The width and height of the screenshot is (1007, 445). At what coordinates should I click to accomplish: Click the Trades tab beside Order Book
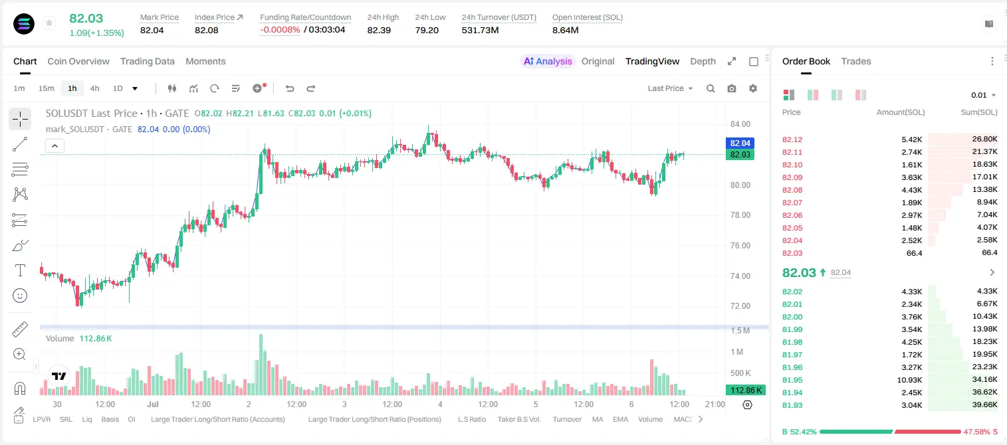tap(855, 61)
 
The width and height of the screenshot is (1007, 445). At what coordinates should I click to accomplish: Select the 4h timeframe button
tap(94, 88)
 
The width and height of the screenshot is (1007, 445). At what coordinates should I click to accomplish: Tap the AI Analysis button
tap(548, 61)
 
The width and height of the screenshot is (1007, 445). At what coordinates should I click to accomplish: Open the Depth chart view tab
tap(703, 61)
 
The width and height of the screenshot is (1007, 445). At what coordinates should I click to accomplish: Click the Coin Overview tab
tap(78, 61)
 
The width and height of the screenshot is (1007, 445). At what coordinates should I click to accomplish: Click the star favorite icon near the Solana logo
tap(49, 23)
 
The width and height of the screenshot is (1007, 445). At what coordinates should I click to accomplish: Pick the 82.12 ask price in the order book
tap(792, 139)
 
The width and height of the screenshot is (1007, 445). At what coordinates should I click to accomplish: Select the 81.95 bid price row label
tap(792, 380)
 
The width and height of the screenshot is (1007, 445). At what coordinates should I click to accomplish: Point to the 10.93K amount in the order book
tap(909, 380)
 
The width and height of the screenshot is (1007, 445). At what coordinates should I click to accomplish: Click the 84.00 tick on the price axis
tap(740, 124)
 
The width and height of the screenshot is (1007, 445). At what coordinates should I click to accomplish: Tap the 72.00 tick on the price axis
tap(740, 306)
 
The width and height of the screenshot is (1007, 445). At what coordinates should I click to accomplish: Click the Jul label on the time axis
tap(153, 404)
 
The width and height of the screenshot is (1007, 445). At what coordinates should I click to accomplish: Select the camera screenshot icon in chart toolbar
tap(732, 88)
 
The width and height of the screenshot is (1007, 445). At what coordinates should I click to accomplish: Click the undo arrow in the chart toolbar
tap(290, 88)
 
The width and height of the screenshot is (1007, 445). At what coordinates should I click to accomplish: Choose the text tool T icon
tap(20, 270)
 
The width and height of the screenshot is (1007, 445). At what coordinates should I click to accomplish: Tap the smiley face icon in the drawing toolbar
tap(20, 296)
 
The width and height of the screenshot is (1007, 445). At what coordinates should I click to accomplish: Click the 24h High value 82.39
tap(379, 30)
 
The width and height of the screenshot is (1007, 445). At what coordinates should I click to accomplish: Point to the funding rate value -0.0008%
tap(280, 30)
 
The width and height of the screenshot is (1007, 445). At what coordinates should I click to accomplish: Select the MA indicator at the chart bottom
tap(598, 419)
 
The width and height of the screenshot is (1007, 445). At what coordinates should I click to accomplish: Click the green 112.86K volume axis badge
tap(745, 391)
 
